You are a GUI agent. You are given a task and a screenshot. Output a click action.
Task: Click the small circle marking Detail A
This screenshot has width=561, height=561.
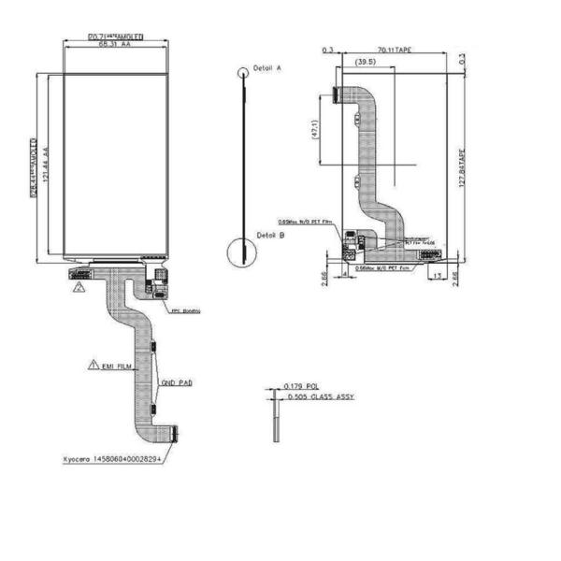[x=244, y=71]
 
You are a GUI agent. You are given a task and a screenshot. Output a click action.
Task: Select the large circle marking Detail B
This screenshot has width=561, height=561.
[x=242, y=252]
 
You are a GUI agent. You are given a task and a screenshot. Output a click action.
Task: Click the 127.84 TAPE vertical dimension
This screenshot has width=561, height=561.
[x=459, y=168]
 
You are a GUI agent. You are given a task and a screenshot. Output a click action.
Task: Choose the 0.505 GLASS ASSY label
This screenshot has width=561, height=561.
[x=319, y=396]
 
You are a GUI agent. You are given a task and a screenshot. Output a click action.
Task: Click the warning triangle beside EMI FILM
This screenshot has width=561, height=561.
[x=93, y=363]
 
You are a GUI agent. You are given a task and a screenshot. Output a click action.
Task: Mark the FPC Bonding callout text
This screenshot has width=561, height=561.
[x=185, y=309]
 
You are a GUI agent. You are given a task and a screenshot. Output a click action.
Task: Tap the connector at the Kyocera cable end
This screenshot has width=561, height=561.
[x=174, y=431]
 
